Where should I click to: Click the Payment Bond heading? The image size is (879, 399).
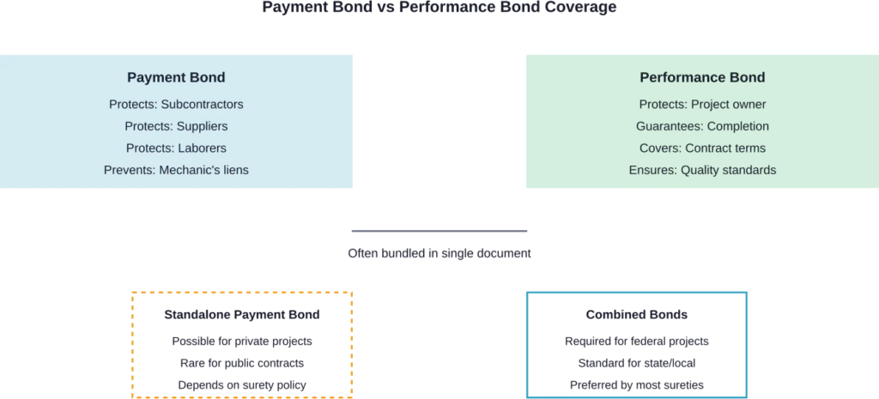coord(176,77)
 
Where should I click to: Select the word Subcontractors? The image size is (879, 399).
coord(203,105)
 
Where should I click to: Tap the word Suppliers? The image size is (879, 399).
coord(202,126)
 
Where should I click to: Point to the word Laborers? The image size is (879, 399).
coord(202,148)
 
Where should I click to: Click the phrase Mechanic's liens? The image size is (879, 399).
coord(203,170)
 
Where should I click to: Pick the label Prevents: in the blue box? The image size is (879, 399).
coord(130,170)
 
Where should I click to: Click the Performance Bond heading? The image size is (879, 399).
coord(702,77)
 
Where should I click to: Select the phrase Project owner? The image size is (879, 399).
coord(729,105)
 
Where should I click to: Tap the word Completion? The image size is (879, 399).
coord(738,126)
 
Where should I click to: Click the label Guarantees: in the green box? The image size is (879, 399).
coord(670,126)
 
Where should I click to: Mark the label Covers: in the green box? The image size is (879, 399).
coord(659,148)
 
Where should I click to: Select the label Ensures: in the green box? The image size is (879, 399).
coord(652,170)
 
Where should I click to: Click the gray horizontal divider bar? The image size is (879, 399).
coord(439,230)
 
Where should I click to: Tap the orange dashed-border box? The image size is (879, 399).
coord(243,343)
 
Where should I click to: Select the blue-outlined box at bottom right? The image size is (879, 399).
coord(635,343)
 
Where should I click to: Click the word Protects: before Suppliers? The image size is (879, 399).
coord(149,126)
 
